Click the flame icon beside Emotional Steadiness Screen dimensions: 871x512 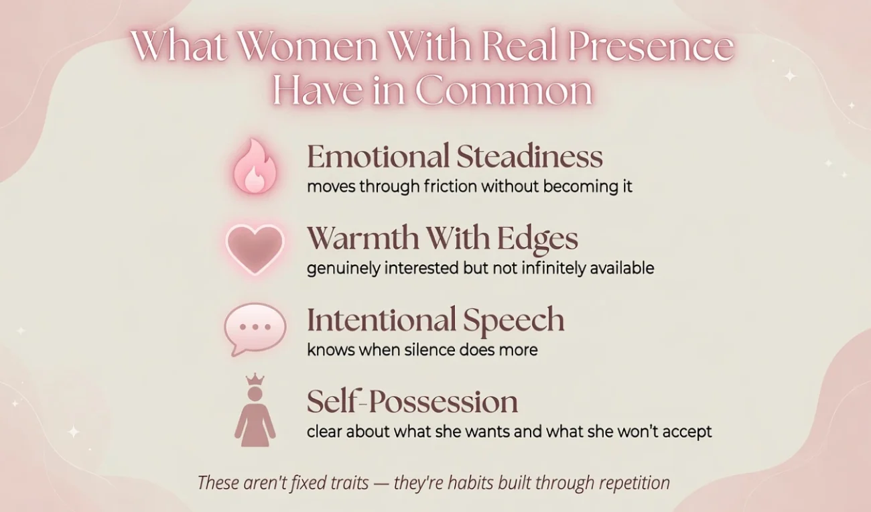255,166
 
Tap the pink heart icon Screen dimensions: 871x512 255,249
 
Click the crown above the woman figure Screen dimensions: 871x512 255,379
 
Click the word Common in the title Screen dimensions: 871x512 504,91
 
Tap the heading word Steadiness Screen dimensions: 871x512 529,156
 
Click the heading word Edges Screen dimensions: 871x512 537,239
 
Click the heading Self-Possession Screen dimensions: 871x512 412,401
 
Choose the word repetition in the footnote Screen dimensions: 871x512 634,483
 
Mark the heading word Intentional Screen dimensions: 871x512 381,320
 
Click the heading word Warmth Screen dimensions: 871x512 363,237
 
